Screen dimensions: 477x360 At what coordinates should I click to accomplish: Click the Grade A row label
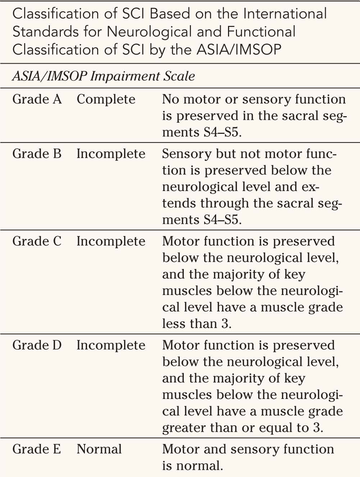pos(37,99)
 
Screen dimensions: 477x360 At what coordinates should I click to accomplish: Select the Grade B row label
pos(37,154)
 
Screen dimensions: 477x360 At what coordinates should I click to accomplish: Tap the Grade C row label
pos(37,241)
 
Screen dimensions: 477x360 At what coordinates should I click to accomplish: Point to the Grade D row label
pos(37,345)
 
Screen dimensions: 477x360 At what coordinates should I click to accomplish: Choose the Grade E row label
pos(37,449)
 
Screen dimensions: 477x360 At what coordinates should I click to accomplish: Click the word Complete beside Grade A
pos(106,99)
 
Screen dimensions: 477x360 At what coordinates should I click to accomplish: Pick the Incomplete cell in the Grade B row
pos(111,154)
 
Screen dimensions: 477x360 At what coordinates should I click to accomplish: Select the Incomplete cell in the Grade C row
pos(111,241)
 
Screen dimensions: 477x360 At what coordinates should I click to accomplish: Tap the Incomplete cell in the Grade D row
pos(111,345)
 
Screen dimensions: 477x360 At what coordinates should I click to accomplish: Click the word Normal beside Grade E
pos(99,449)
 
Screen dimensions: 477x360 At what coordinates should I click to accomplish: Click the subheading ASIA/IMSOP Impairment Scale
pos(104,76)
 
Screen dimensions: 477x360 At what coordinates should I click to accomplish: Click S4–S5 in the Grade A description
pos(220,132)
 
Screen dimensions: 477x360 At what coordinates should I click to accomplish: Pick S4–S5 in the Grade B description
pos(220,219)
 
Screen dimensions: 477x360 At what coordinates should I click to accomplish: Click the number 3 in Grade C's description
pos(224,324)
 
